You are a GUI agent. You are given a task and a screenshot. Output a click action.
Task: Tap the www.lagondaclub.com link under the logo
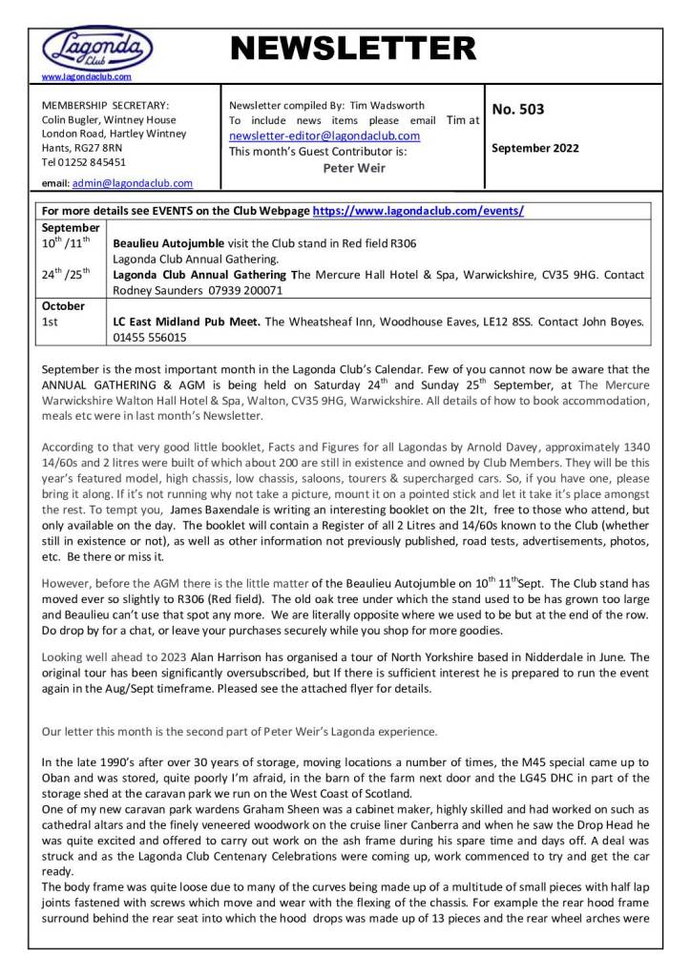[x=87, y=75]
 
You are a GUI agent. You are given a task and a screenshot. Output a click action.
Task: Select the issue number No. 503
[x=517, y=110]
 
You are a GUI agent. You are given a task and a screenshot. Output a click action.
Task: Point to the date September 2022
[x=535, y=148]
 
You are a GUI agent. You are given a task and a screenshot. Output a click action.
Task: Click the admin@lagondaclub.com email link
[x=133, y=183]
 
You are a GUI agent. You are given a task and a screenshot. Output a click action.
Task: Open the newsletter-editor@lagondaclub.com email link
[x=325, y=135]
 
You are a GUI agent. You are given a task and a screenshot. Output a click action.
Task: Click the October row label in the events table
[x=64, y=306]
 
